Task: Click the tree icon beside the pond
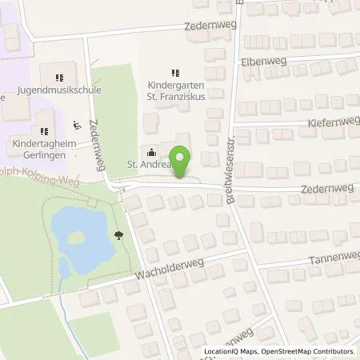click(118, 234)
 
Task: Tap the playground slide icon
click(78, 125)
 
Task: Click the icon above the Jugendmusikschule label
click(58, 78)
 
